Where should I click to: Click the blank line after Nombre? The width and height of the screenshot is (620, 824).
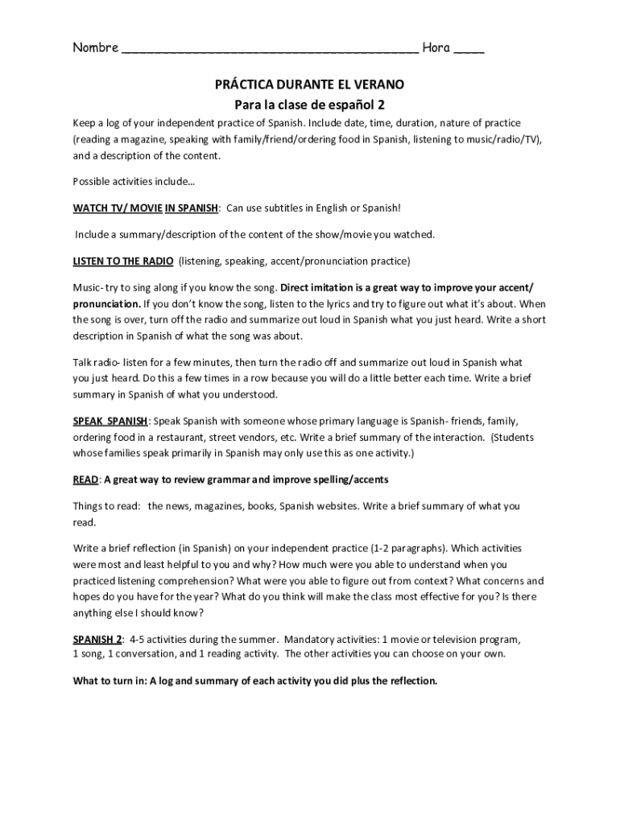(270, 50)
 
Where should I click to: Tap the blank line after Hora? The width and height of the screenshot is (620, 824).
(469, 50)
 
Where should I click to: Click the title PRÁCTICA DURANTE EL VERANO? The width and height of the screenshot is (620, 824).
(309, 84)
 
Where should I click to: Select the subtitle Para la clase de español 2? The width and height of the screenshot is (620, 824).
(309, 105)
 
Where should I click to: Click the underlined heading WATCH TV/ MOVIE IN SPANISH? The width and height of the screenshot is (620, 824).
(146, 208)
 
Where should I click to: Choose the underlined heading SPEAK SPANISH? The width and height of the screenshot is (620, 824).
(110, 421)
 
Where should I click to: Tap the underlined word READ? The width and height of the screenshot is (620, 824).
(85, 480)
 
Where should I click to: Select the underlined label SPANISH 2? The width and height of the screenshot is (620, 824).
(97, 639)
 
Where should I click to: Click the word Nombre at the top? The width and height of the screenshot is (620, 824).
(95, 48)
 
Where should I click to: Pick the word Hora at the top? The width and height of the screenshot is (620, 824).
(436, 48)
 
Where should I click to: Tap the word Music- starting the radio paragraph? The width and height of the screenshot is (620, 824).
(88, 287)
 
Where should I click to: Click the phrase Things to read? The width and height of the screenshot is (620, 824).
(105, 506)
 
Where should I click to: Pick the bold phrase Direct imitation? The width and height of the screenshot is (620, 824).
(316, 287)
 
